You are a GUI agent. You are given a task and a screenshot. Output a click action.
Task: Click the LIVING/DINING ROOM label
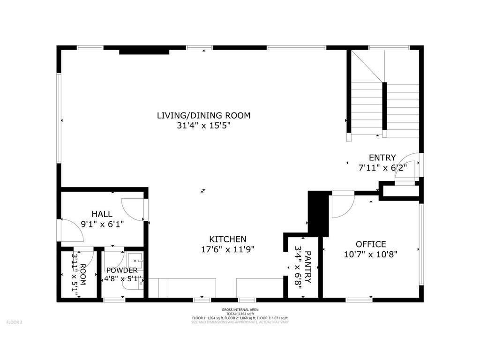tap(203, 115)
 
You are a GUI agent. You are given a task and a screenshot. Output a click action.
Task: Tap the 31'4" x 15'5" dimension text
tap(203, 126)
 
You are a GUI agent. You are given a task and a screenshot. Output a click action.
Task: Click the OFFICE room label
tap(371, 244)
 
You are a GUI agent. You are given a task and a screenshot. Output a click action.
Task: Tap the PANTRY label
tap(308, 267)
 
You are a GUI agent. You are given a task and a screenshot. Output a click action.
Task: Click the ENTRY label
tap(382, 157)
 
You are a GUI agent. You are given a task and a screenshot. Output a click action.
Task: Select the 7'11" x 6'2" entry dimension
tap(382, 167)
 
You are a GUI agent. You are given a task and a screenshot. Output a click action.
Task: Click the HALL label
tap(102, 214)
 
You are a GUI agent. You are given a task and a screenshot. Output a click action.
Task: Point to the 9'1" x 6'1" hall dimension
tap(102, 225)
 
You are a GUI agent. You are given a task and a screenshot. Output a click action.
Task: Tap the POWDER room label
tap(122, 270)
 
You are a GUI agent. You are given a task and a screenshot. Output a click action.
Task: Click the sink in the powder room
tap(135, 259)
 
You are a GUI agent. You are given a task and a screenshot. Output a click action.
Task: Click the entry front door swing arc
tap(405, 166)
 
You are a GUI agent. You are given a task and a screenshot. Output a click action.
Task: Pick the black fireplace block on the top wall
tap(144, 51)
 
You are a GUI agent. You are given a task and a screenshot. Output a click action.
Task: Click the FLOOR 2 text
tap(14, 322)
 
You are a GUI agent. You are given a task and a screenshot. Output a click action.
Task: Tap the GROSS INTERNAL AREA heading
tap(240, 310)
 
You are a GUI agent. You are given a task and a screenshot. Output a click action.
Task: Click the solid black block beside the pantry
tap(318, 213)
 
